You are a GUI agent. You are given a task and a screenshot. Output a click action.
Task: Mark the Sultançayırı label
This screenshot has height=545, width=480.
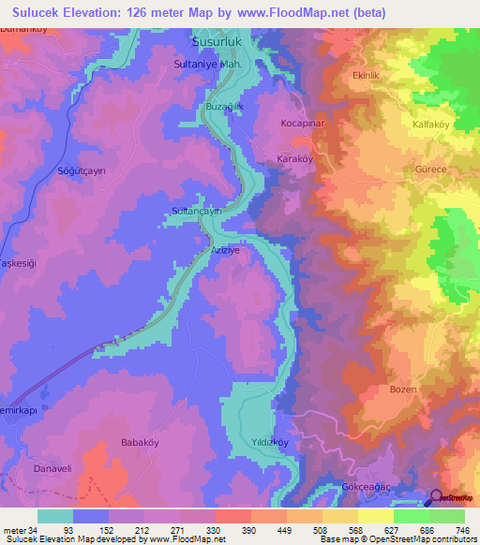(x=196, y=212)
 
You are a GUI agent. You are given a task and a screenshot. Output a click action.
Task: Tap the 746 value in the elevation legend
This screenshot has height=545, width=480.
(x=462, y=531)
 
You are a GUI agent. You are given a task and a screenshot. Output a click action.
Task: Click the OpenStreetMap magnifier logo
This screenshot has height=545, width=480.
(x=437, y=498)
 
